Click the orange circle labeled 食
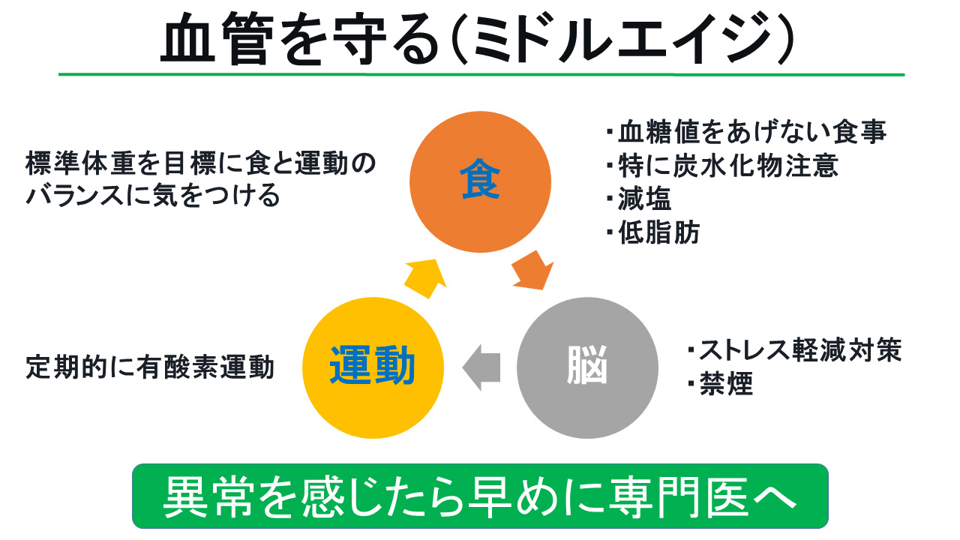click(x=480, y=181)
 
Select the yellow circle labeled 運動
click(x=373, y=367)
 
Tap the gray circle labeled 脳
click(x=587, y=367)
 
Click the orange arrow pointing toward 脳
click(x=532, y=271)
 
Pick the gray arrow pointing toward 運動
click(x=481, y=367)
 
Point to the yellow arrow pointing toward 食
click(x=425, y=278)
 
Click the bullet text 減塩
click(x=644, y=199)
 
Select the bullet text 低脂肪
click(x=658, y=232)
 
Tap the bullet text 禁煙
click(x=726, y=383)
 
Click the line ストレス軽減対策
click(x=800, y=349)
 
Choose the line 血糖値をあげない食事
click(x=752, y=131)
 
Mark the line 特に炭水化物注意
click(x=728, y=166)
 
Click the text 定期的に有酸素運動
click(x=150, y=367)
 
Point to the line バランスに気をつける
click(x=153, y=196)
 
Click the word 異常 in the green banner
click(x=208, y=497)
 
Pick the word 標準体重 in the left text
click(x=80, y=163)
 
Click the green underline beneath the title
click(x=481, y=74)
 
